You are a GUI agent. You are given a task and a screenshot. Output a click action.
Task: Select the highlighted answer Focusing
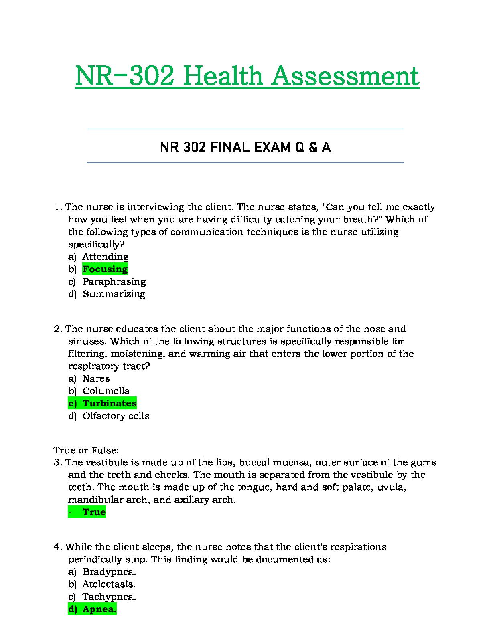tap(105, 269)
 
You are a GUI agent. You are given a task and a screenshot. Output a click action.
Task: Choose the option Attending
tap(106, 257)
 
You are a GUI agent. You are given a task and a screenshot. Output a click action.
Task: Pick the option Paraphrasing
tap(114, 281)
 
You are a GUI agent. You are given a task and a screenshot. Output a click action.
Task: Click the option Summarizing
tap(114, 294)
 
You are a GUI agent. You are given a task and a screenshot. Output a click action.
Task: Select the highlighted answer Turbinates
tap(110, 403)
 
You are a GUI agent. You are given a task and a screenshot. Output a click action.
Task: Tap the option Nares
tap(96, 378)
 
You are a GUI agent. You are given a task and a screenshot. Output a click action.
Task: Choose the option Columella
tap(106, 391)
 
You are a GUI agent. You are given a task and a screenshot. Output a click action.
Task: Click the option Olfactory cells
tap(116, 416)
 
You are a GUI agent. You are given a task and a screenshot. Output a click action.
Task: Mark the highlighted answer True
tap(94, 512)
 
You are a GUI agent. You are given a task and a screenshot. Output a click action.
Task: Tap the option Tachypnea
tap(109, 597)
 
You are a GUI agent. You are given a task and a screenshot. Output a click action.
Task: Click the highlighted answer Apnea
tap(99, 609)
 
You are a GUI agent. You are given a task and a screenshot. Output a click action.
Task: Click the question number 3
tap(57, 462)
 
